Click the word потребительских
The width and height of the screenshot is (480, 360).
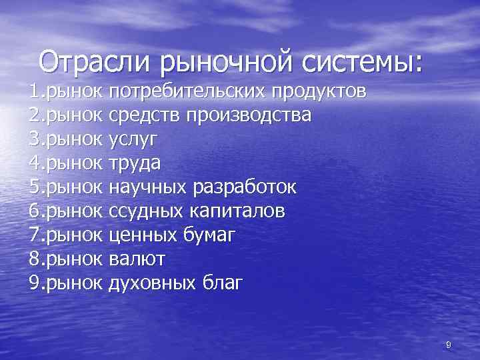pos(189,91)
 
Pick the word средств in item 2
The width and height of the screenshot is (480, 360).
pos(143,115)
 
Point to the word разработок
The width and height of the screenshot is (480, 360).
pos(246,187)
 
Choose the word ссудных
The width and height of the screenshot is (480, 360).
pos(146,211)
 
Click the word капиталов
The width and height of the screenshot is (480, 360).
pos(238,211)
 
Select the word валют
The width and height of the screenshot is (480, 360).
pos(136,259)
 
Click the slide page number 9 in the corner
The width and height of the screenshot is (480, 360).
pos(449,344)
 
